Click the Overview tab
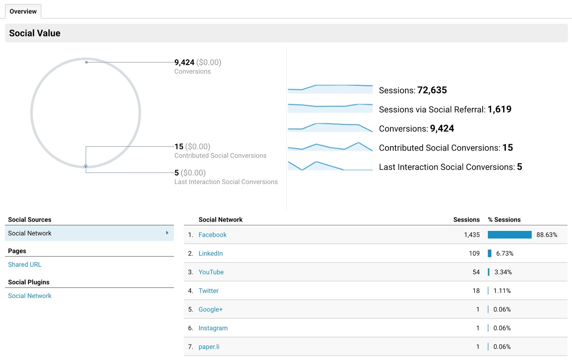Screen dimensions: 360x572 (x=23, y=11)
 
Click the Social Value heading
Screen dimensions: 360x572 (x=35, y=33)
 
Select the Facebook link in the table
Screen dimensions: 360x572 (x=212, y=235)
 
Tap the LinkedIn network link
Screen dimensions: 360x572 (x=211, y=253)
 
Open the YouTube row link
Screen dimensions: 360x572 (x=211, y=272)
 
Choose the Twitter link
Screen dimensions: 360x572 (x=208, y=291)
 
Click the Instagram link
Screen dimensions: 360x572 (x=213, y=328)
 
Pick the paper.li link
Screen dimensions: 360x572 (x=209, y=347)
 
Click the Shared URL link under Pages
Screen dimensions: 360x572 (x=25, y=265)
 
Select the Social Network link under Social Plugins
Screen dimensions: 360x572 (x=30, y=296)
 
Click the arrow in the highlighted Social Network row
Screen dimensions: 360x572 (x=167, y=233)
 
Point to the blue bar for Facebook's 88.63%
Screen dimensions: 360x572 (x=509, y=235)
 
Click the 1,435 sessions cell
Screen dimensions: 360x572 (x=472, y=235)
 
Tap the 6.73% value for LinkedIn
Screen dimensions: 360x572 (x=504, y=253)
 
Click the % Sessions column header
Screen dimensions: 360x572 (x=504, y=220)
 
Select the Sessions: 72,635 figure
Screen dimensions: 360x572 (x=413, y=90)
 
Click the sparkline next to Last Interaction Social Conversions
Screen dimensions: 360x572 (x=330, y=166)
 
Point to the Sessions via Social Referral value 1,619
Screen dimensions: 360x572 (x=499, y=109)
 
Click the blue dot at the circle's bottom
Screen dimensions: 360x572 (x=86, y=167)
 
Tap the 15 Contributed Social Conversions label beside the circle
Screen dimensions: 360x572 (x=220, y=156)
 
